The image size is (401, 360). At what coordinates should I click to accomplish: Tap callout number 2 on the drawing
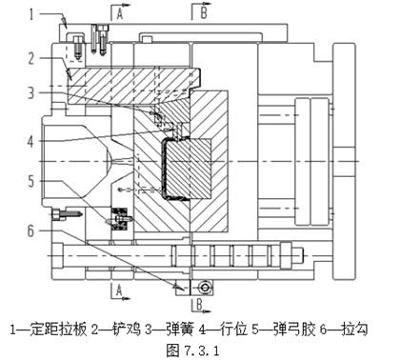pos(31,59)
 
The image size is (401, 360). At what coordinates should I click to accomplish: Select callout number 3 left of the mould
pos(31,93)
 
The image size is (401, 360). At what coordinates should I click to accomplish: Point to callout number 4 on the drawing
pos(31,140)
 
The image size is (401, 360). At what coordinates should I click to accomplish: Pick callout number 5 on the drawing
pos(31,179)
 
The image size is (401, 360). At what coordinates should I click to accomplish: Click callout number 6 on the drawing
pos(31,230)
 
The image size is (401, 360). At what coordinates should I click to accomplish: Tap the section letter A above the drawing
pos(118,14)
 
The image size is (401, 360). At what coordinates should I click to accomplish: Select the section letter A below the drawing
pos(118,288)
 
